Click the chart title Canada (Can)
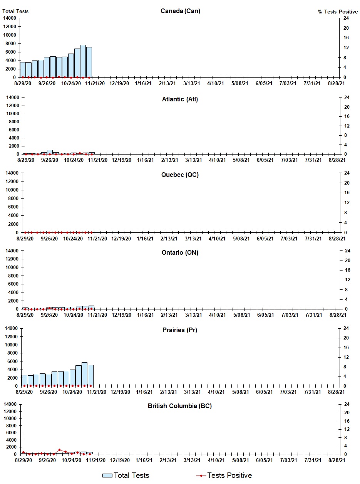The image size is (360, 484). (180, 11)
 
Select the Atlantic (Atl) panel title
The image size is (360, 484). (180, 99)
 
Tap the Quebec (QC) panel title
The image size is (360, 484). (180, 175)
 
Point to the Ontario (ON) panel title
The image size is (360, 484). (180, 253)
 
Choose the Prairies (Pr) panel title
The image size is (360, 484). (180, 330)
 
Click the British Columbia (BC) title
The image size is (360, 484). (180, 406)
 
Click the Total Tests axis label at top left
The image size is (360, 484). (15, 12)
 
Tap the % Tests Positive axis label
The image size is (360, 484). (338, 12)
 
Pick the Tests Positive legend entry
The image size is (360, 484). (224, 476)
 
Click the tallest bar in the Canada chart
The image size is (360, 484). (83, 61)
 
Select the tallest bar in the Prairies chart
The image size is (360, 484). (84, 374)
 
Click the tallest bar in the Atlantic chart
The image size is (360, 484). (50, 152)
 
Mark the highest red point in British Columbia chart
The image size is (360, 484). (59, 450)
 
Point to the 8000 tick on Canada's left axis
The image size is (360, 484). (10, 44)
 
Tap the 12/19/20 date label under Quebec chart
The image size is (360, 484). (121, 239)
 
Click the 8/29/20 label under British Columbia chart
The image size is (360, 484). (24, 460)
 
